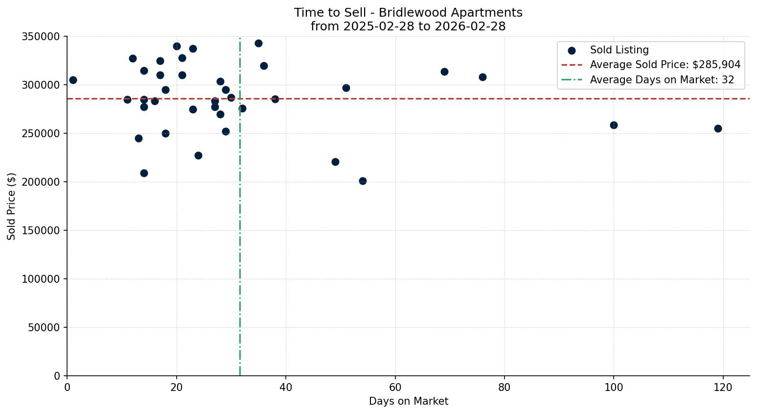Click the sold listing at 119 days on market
(718, 128)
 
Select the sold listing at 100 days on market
(614, 125)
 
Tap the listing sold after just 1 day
(73, 80)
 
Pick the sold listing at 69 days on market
(444, 72)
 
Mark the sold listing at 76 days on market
(482, 77)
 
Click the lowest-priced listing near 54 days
(363, 181)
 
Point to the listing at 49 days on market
(335, 162)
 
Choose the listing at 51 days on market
(346, 88)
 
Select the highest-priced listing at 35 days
(258, 43)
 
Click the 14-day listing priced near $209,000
(144, 173)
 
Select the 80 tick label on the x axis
(504, 388)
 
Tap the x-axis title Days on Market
(409, 401)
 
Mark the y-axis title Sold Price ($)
(12, 206)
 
